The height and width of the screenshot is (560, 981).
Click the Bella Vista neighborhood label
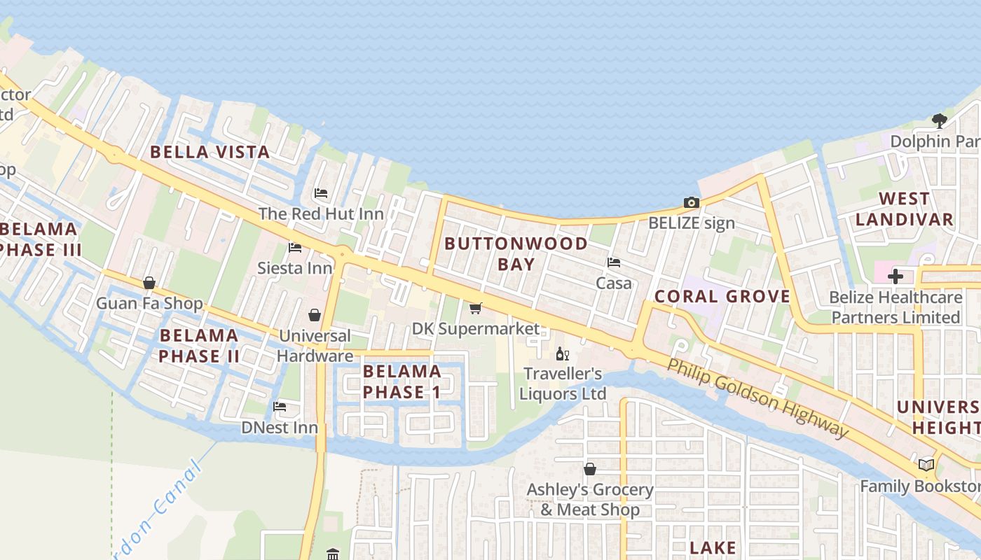210,152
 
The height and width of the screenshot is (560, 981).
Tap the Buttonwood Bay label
516,253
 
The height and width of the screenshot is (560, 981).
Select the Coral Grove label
722,296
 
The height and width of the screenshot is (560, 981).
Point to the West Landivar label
904,209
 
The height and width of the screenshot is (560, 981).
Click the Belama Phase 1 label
402,381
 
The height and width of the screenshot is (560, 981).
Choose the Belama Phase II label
199,345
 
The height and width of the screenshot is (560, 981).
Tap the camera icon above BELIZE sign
692,203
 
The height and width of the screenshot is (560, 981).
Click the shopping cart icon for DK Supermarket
476,308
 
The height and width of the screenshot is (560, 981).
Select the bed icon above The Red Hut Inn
321,193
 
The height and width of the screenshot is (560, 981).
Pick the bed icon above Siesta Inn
295,248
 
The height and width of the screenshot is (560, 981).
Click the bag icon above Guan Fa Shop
149,283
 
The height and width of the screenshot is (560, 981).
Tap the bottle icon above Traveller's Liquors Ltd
562,354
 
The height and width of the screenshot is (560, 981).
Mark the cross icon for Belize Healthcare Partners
896,276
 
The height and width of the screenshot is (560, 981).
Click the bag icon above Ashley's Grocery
590,469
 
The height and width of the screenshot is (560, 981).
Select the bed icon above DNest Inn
280,407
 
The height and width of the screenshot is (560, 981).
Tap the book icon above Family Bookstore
926,465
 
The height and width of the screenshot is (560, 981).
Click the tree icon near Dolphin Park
940,121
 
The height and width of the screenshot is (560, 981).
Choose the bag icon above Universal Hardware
315,316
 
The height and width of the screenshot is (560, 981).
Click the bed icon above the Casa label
614,263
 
